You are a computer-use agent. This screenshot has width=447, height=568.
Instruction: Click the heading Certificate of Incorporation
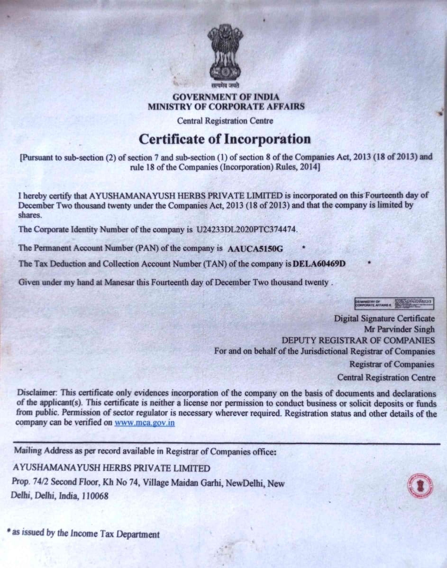(225, 139)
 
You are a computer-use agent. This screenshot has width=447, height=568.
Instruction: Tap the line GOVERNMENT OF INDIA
(226, 97)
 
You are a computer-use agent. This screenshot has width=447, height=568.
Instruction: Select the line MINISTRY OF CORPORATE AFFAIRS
(226, 106)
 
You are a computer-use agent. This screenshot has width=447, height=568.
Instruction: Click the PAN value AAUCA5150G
(255, 248)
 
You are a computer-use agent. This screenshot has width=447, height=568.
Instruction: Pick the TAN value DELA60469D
(319, 264)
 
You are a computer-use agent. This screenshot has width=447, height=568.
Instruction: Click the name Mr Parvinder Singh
(399, 329)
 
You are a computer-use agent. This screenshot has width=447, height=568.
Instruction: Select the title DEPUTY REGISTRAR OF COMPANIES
(358, 340)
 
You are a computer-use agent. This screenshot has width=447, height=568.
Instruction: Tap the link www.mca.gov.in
(145, 423)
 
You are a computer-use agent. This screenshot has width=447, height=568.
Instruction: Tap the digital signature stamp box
(395, 302)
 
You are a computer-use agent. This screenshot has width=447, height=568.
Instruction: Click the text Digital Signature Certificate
(384, 318)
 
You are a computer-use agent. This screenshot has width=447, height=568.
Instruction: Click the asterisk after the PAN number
(303, 247)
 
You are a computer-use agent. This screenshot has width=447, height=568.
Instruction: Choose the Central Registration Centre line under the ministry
(225, 121)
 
